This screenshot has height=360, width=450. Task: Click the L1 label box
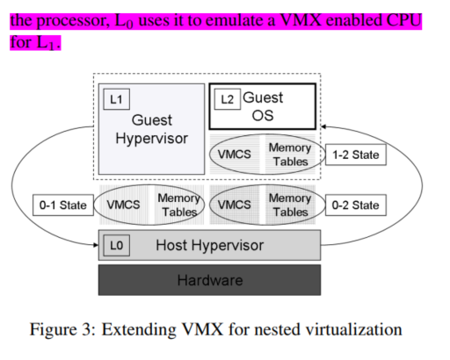coord(117,99)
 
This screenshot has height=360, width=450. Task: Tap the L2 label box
coord(228,99)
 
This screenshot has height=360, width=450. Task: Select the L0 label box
coord(117,245)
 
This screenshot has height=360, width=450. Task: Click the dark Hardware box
coord(209,280)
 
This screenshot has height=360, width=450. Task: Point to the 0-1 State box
coord(63,205)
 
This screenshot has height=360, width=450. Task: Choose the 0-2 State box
coord(356,205)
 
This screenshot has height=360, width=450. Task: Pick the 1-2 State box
coord(356,155)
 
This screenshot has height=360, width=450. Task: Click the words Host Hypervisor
coord(210,245)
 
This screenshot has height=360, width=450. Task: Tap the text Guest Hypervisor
coord(152,129)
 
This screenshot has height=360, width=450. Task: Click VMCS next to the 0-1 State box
coord(123,205)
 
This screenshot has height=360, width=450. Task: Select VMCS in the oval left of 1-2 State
coord(235,155)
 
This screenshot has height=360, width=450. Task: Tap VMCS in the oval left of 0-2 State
coord(235,205)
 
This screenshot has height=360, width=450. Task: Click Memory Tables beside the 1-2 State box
coord(290,155)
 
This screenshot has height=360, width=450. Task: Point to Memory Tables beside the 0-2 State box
coord(290,205)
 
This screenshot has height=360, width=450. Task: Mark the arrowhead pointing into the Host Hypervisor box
coord(96,245)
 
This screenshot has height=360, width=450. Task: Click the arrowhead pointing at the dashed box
coord(323,126)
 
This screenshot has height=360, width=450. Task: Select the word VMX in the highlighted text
coord(301,20)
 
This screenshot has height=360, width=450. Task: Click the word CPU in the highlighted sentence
coord(404,20)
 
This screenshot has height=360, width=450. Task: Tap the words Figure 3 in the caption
coord(63,330)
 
